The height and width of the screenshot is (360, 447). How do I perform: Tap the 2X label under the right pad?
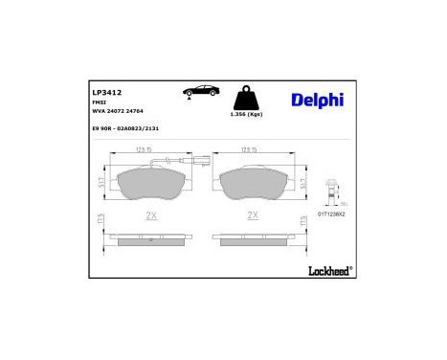coord(254,214)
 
